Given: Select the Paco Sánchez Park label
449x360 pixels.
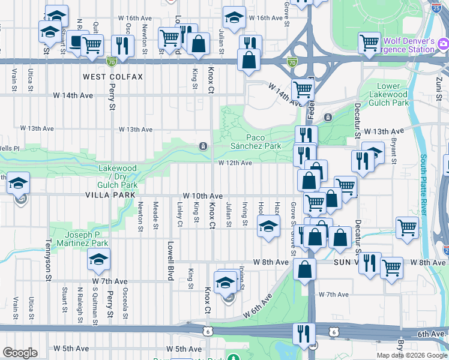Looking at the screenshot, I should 256,142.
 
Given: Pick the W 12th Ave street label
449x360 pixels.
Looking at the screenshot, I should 235,163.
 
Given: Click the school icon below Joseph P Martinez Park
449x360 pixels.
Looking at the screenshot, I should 98,260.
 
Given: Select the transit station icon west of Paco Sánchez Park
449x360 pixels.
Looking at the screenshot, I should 203,146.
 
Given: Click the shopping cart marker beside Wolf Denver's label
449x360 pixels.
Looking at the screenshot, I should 369,42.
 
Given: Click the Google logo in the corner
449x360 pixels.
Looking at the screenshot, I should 20,353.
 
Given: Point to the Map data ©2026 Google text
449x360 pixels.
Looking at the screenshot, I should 412,355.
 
